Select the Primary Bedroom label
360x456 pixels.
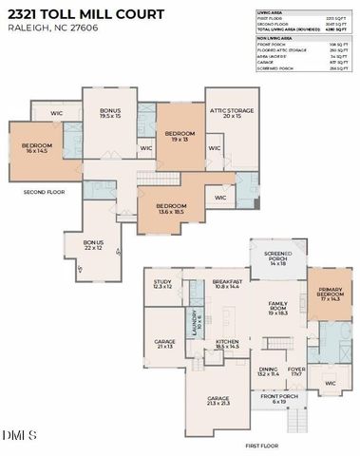pyautogui.click(x=329, y=294)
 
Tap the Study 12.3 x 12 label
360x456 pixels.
pyautogui.click(x=161, y=284)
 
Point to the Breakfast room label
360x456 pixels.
pyautogui.click(x=227, y=284)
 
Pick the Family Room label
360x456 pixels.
pyautogui.click(x=278, y=310)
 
